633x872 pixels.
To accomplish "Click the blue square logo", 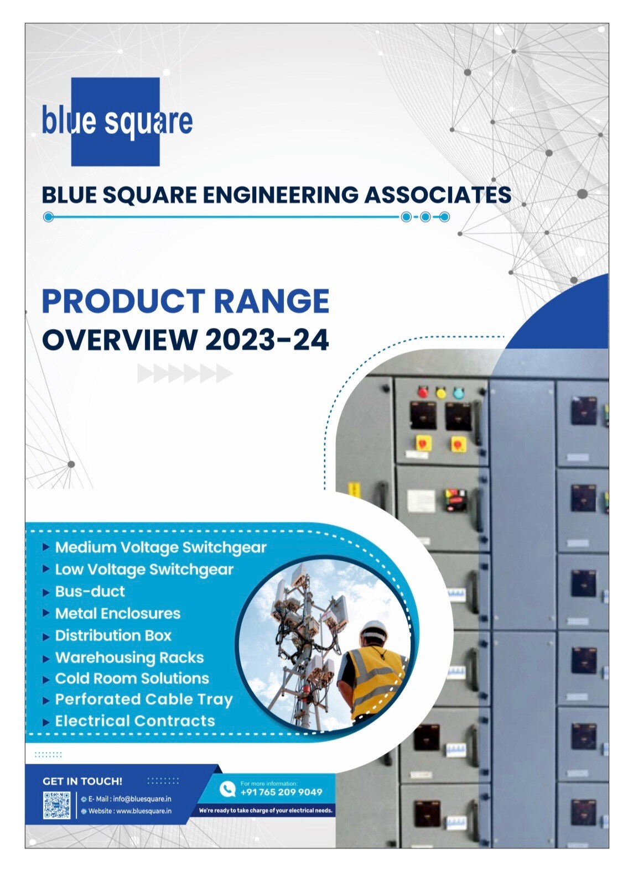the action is click(117, 122).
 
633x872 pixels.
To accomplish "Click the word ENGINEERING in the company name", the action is click(279, 195).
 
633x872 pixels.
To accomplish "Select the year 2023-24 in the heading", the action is click(267, 340).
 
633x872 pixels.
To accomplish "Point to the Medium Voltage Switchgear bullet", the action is click(160, 548).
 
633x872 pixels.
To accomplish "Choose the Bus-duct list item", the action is click(90, 591).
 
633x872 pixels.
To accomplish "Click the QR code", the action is click(57, 805).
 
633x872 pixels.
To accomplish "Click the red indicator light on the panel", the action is click(423, 391).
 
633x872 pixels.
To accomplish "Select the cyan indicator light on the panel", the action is click(459, 393).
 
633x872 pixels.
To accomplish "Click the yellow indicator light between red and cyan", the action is click(440, 393).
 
